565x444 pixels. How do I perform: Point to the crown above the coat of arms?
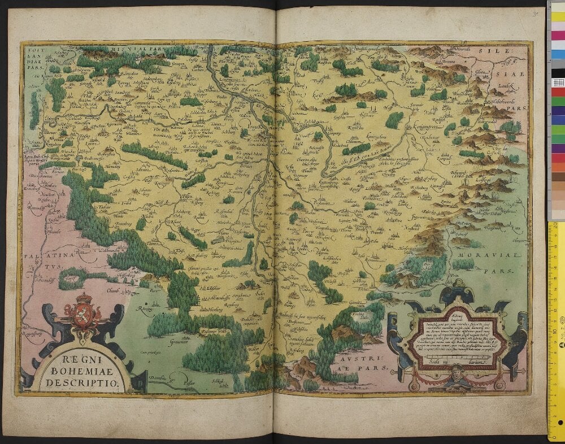[84, 298]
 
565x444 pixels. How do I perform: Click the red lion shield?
[83, 314]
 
